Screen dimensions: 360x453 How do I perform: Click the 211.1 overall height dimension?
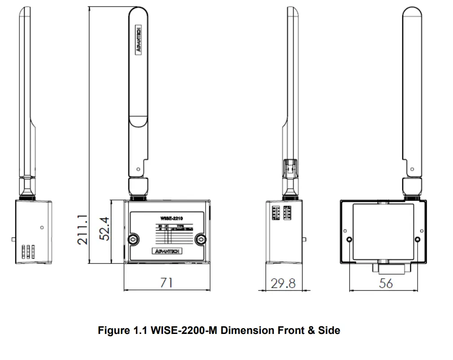point(82,230)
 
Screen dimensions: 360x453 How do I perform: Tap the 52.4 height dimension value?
point(105,230)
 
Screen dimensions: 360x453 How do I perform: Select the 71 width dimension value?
point(167,283)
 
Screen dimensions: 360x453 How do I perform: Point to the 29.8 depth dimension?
point(283,283)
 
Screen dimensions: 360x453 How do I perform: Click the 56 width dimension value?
point(386,283)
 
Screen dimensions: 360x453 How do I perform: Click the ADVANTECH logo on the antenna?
point(139,40)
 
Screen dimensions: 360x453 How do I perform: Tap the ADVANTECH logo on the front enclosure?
point(167,251)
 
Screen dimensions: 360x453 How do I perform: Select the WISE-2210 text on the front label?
point(171,218)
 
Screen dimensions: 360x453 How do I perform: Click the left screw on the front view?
point(133,240)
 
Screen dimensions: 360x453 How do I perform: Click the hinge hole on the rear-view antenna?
point(412,169)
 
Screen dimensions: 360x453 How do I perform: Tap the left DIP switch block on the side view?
point(276,212)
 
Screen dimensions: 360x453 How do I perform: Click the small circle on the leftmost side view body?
point(42,227)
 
